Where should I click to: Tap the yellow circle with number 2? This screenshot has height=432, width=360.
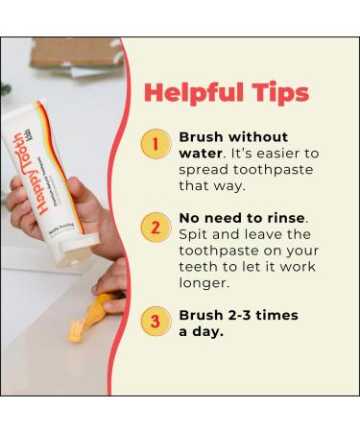(155, 228)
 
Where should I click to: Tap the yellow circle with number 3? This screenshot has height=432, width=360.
(155, 321)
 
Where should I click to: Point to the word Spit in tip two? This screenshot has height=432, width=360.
(194, 235)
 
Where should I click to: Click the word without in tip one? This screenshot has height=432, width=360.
(258, 136)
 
